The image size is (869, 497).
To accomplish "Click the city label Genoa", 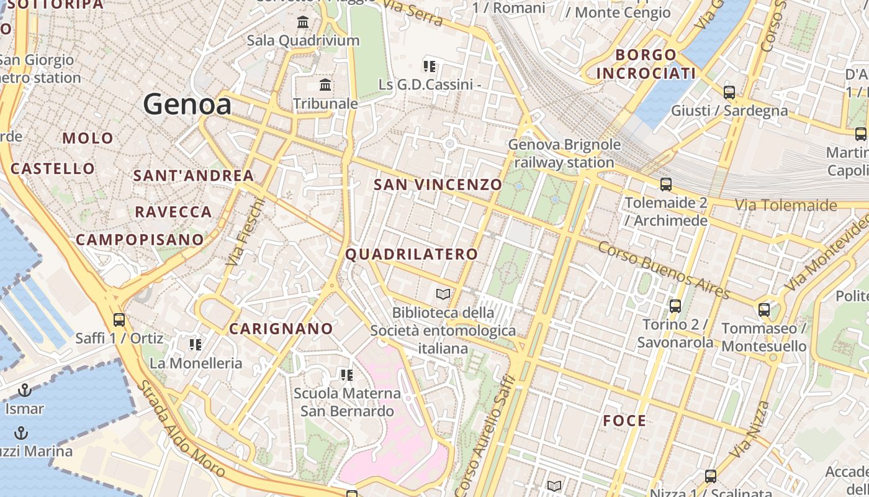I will (x=187, y=104).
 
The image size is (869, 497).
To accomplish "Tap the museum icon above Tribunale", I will (x=325, y=85).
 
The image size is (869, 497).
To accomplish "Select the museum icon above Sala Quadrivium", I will (x=303, y=23).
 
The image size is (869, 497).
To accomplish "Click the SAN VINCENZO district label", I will (x=438, y=185).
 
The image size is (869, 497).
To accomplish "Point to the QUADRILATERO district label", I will (x=412, y=254).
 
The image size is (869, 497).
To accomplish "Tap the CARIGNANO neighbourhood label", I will (x=281, y=329).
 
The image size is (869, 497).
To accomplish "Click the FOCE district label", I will (x=624, y=421).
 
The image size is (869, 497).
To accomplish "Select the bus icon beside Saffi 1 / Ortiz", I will (x=119, y=320).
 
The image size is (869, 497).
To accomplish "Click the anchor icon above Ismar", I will (x=25, y=390).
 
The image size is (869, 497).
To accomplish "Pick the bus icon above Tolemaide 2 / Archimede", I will (x=666, y=185).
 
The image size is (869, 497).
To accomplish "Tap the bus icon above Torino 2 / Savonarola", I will (x=675, y=306).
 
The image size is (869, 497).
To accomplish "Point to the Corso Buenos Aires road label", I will (x=664, y=270).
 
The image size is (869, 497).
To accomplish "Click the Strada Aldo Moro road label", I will (x=180, y=429).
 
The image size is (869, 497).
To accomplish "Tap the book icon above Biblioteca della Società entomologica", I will (x=443, y=294).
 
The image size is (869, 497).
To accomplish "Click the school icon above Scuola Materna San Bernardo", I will (x=347, y=375).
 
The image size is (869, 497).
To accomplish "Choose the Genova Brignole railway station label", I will (x=564, y=153).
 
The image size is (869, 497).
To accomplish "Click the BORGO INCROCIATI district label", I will (x=646, y=65).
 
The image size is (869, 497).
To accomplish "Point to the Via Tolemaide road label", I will (x=786, y=205).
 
